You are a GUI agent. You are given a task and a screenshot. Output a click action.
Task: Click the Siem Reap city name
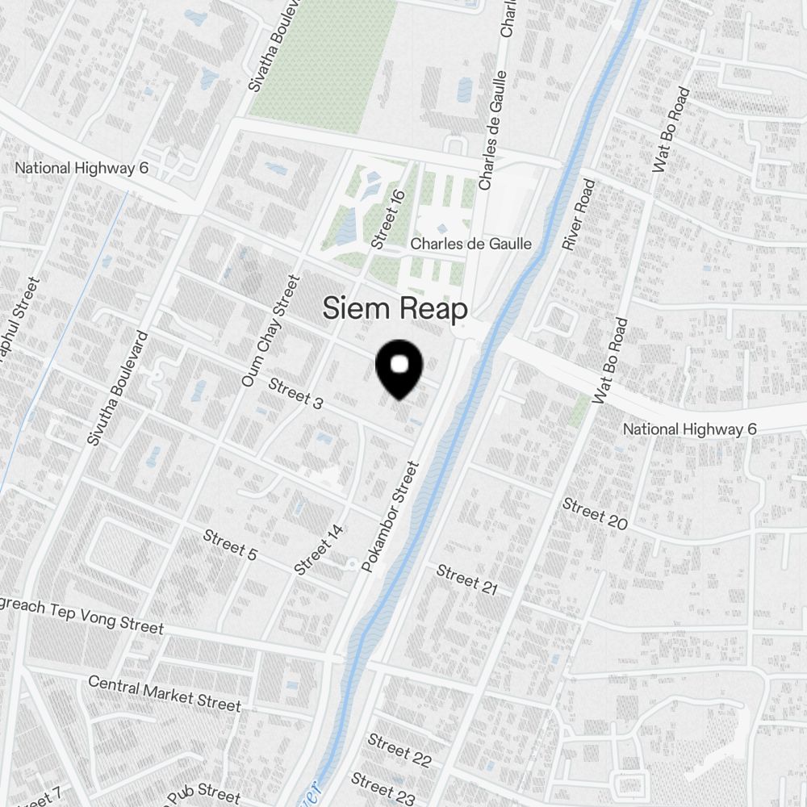coord(395,308)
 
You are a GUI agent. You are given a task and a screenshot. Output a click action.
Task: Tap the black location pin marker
coord(399,370)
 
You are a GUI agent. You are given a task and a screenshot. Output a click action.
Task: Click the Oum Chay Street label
coord(270,330)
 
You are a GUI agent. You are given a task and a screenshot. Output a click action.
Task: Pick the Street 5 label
coord(230,545)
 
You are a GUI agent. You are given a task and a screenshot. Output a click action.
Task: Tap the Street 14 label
coord(320,550)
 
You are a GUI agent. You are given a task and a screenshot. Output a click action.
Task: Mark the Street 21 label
coord(466,579)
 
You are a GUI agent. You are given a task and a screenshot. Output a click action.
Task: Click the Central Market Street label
coord(164,692)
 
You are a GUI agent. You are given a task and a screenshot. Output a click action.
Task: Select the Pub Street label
coord(202,792)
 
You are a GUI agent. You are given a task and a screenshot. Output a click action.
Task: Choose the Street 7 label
coord(36,799)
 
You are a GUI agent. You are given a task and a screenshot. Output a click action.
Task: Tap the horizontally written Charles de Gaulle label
coord(471,244)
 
